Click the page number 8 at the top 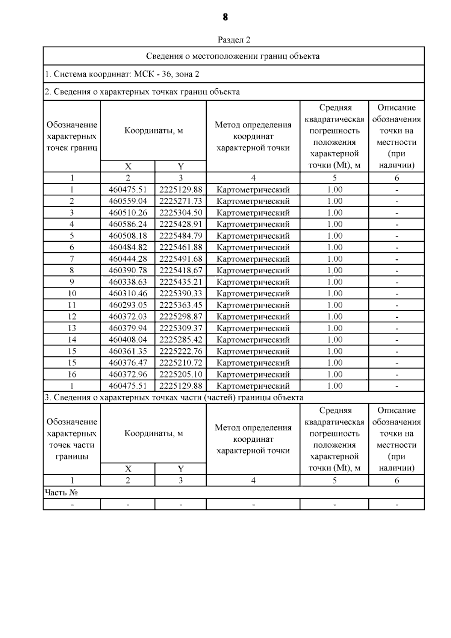tap(225, 17)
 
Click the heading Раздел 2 tap(234, 40)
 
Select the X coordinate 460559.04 tap(128, 201)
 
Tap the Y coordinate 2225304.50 tap(181, 213)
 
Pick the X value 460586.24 tap(128, 224)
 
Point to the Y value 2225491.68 tap(181, 259)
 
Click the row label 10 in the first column tap(72, 294)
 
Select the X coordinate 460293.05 tap(128, 305)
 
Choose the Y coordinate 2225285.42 tap(181, 340)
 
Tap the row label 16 tap(72, 374)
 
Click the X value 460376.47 tap(128, 363)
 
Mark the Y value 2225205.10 tap(181, 374)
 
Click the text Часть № tap(61, 493)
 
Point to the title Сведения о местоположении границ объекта tap(233, 56)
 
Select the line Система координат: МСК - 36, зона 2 tap(122, 74)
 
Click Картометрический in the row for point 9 tap(253, 282)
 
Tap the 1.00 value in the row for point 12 tap(334, 317)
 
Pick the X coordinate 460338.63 tap(128, 282)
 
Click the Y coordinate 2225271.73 tap(181, 201)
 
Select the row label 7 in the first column tap(72, 259)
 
